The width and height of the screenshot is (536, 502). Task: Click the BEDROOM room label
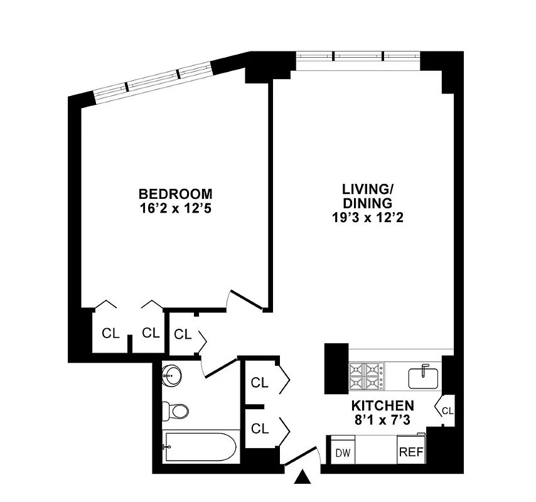(x=176, y=194)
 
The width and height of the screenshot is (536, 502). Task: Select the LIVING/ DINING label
(x=367, y=195)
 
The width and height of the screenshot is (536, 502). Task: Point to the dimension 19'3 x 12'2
(x=367, y=218)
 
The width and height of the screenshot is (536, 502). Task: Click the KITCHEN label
(x=382, y=405)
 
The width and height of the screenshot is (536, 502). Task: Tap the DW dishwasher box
(x=342, y=452)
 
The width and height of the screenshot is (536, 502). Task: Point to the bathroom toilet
(x=176, y=412)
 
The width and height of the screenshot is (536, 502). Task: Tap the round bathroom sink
(x=171, y=376)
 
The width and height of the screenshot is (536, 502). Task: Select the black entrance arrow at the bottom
(x=303, y=479)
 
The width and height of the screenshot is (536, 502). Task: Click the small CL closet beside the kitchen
(x=446, y=410)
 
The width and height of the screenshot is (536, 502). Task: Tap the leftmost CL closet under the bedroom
(x=110, y=333)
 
